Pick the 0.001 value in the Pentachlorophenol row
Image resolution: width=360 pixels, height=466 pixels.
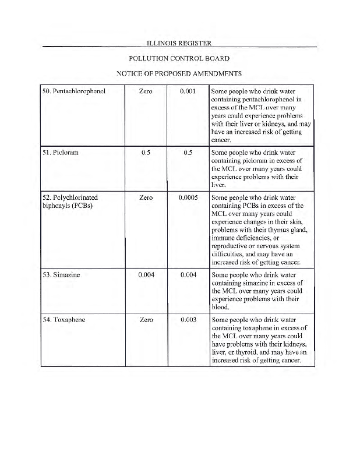[x=189, y=91]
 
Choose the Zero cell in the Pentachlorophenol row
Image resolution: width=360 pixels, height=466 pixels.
[x=146, y=91]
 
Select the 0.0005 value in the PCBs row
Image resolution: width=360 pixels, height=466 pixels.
[x=189, y=197]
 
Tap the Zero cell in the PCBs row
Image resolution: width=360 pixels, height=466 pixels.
[x=146, y=197]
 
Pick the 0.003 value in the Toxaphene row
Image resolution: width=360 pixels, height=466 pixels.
[x=189, y=320]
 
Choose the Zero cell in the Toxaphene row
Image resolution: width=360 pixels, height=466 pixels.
[x=146, y=320]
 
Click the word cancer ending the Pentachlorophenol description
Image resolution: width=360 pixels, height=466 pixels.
[x=221, y=140]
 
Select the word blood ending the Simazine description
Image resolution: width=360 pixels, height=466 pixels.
[x=221, y=308]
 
